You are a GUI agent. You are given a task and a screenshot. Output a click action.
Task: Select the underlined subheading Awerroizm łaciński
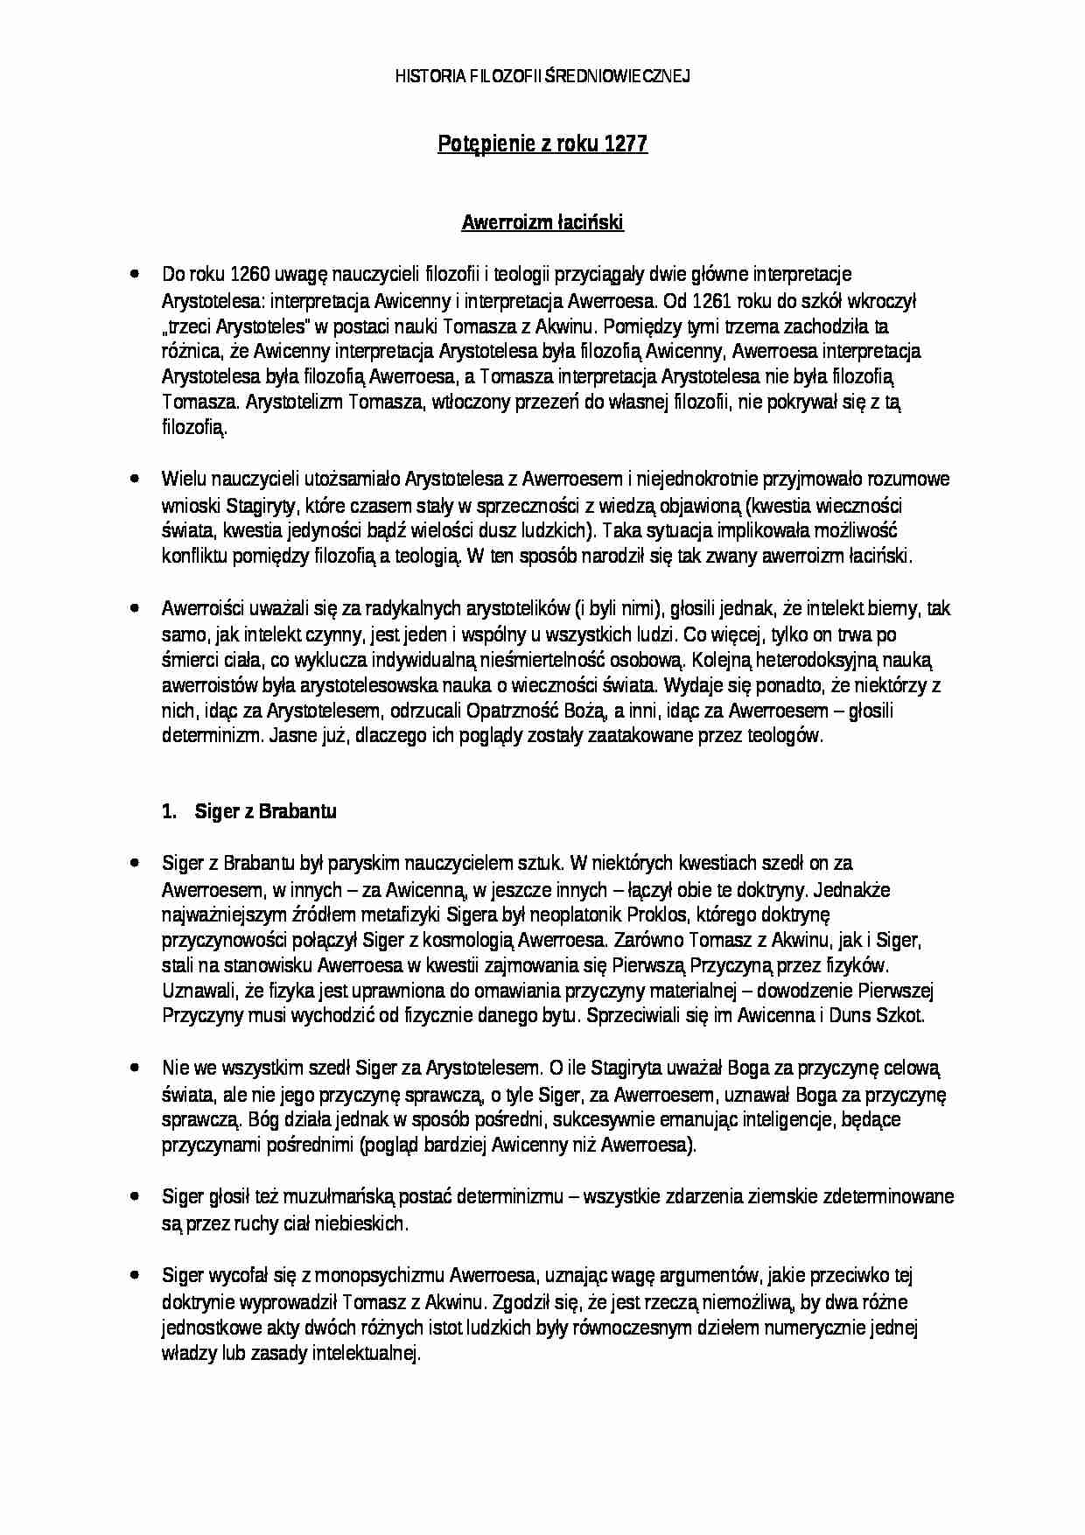point(542,223)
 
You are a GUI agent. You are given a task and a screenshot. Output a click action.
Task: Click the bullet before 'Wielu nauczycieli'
point(134,479)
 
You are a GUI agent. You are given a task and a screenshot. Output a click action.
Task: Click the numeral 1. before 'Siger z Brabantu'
point(169,811)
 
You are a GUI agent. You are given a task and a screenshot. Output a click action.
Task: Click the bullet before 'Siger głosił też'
point(134,1196)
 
